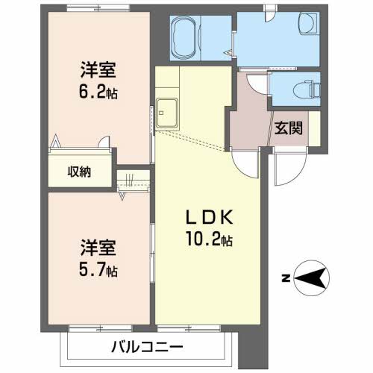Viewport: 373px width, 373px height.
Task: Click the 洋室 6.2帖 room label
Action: click(x=99, y=72)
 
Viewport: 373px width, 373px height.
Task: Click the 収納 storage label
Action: click(x=80, y=172)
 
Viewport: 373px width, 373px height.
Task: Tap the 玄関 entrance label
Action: click(x=287, y=128)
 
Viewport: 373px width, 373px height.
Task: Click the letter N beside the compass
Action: click(x=286, y=280)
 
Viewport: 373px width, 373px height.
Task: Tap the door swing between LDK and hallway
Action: click(x=246, y=160)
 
